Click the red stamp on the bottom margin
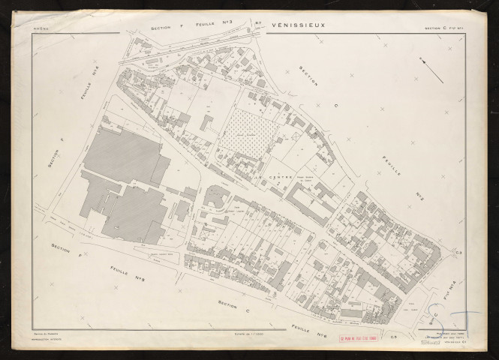click(363, 337)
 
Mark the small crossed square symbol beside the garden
click(297, 135)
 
